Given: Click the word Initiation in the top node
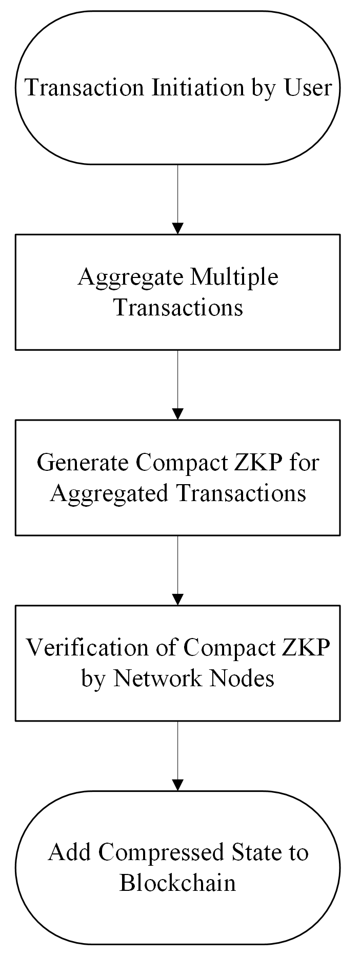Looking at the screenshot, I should [x=197, y=88].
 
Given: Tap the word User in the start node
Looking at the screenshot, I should [x=308, y=88].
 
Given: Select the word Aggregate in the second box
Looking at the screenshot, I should [x=130, y=277].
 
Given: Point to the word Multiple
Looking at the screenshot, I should [x=234, y=277].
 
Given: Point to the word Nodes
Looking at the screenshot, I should [x=244, y=679].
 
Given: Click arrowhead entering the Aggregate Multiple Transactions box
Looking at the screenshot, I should [x=177, y=229].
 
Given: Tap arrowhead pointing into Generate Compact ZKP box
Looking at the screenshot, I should [x=177, y=414].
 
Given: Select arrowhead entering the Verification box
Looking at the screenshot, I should [x=177, y=599].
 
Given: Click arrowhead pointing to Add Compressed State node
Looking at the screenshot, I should [x=177, y=785].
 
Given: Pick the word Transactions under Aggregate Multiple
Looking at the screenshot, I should [x=178, y=308].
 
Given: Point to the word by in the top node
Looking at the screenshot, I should [x=263, y=89].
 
